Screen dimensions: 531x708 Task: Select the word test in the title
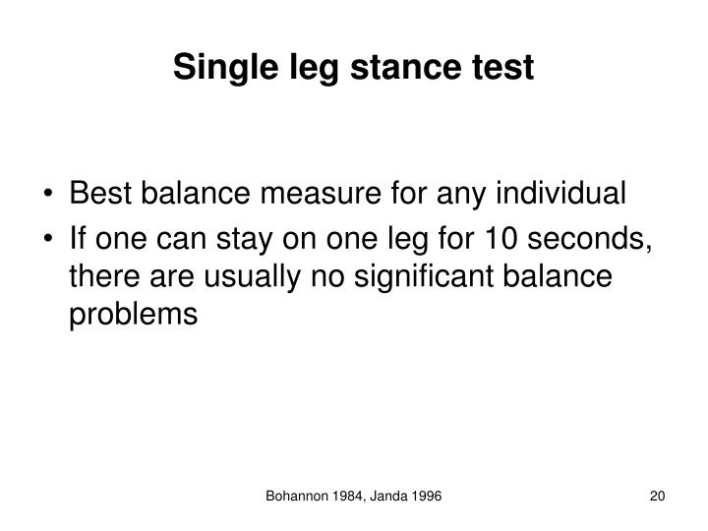[x=502, y=67]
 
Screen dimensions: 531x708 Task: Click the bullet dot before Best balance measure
[x=51, y=195]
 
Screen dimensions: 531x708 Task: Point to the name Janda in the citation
[x=395, y=500]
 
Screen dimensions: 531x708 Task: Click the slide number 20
[x=658, y=500]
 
